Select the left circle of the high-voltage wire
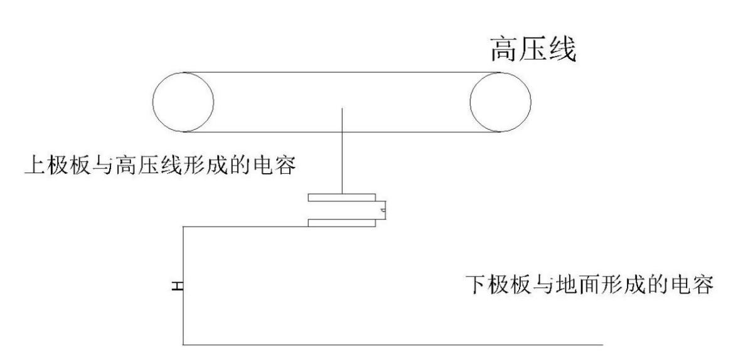[x=183, y=102]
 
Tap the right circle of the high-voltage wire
[x=500, y=102]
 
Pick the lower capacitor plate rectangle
[x=342, y=222]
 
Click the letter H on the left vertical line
[x=178, y=286]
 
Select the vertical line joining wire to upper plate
[x=342, y=151]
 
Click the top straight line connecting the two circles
[x=342, y=71]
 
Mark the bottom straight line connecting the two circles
[x=342, y=132]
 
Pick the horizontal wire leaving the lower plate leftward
[x=245, y=226]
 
